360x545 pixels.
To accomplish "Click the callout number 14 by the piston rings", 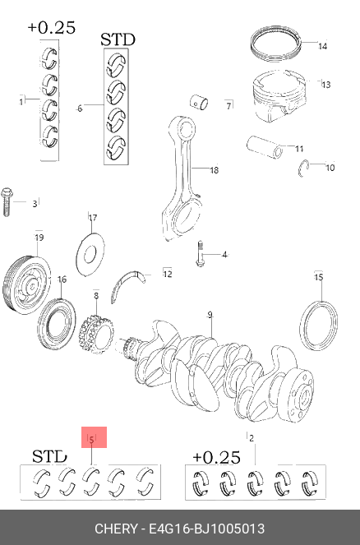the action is tap(322, 46).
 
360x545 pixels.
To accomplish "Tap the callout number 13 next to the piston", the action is tap(326, 85).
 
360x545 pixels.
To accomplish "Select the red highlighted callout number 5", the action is tap(91, 440).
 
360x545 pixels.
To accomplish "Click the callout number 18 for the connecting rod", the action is tap(214, 170).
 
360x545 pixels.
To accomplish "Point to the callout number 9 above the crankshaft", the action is tap(210, 315).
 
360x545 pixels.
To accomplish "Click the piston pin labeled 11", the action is tap(265, 147).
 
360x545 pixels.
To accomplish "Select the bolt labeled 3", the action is tap(7, 202).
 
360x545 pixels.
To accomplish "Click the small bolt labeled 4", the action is tap(200, 255).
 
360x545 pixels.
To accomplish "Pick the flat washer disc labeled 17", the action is tap(90, 254).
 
